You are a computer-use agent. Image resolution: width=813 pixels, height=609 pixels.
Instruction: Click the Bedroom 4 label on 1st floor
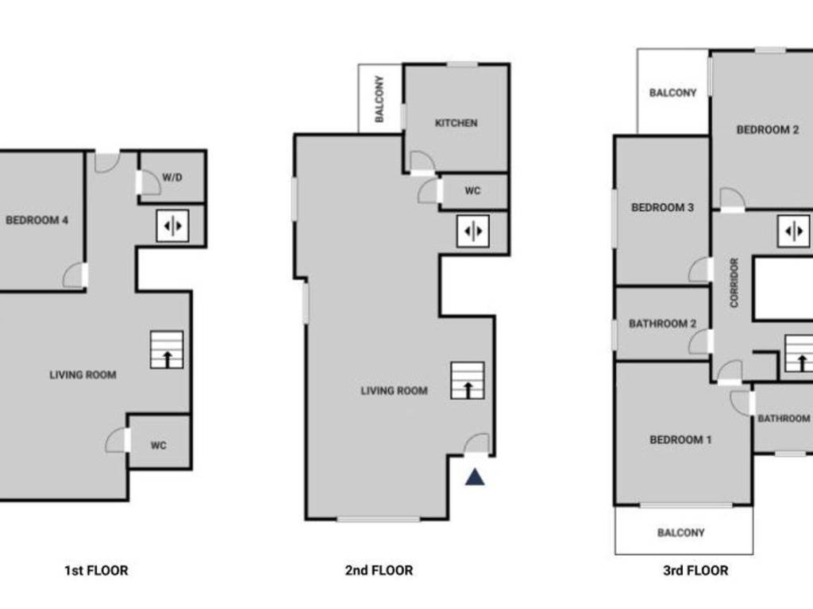click(x=37, y=220)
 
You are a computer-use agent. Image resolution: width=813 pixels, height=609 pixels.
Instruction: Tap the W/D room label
click(x=172, y=177)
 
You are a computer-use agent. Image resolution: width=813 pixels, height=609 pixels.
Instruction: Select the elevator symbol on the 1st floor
click(x=172, y=225)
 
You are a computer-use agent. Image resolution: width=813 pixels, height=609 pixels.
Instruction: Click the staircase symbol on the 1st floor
click(x=167, y=350)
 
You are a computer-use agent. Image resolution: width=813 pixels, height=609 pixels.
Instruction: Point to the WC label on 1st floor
click(x=159, y=446)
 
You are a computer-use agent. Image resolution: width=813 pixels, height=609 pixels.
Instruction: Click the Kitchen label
click(x=457, y=123)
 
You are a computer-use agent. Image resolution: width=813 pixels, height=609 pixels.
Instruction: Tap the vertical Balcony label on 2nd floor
click(x=380, y=99)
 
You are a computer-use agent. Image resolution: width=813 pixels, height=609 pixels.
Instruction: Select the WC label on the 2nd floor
click(x=472, y=191)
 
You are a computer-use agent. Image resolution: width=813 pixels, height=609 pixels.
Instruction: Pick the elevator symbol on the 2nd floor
click(x=472, y=231)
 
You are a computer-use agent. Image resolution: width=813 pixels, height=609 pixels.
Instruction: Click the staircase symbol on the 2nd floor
click(x=468, y=381)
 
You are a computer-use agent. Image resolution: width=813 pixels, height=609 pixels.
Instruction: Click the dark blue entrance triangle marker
click(x=474, y=477)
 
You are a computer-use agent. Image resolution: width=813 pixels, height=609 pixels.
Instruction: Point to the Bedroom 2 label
click(x=767, y=130)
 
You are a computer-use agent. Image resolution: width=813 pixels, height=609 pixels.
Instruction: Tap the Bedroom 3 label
click(x=662, y=208)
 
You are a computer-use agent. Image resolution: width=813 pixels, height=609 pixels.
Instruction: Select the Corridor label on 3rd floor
click(x=734, y=282)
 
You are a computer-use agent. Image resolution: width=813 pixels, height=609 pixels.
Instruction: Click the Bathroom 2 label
click(x=662, y=324)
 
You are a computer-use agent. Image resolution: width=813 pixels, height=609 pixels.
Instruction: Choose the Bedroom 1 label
click(x=680, y=439)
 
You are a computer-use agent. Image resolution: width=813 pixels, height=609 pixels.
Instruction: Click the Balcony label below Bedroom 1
click(x=680, y=533)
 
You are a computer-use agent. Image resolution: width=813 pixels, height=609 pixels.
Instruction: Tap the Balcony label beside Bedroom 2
click(x=672, y=93)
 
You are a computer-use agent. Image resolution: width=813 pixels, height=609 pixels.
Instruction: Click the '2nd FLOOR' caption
click(x=380, y=570)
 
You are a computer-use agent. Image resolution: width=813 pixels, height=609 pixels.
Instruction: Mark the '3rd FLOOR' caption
click(x=695, y=570)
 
